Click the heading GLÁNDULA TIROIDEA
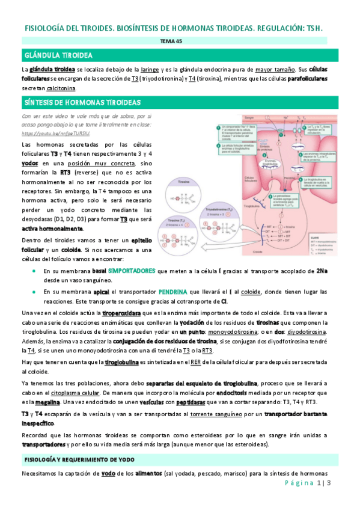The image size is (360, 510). [x=58, y=55]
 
